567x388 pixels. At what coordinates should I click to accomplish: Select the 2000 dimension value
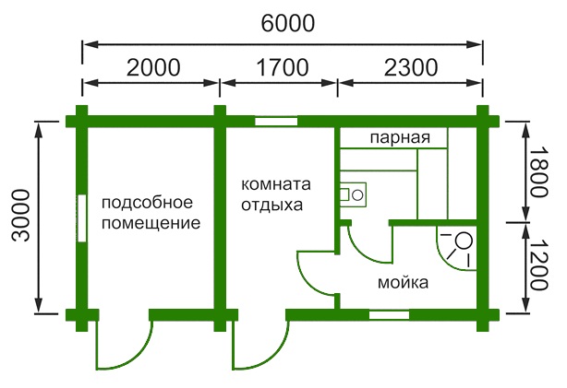[150, 67]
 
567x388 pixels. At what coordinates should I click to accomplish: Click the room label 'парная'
[401, 138]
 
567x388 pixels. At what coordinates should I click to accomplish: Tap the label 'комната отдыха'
[271, 194]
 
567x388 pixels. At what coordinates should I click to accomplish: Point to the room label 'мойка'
[403, 283]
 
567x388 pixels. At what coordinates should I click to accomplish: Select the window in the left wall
[82, 218]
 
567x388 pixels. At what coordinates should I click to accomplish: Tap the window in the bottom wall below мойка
[388, 315]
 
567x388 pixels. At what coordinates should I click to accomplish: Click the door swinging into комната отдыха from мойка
[314, 272]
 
